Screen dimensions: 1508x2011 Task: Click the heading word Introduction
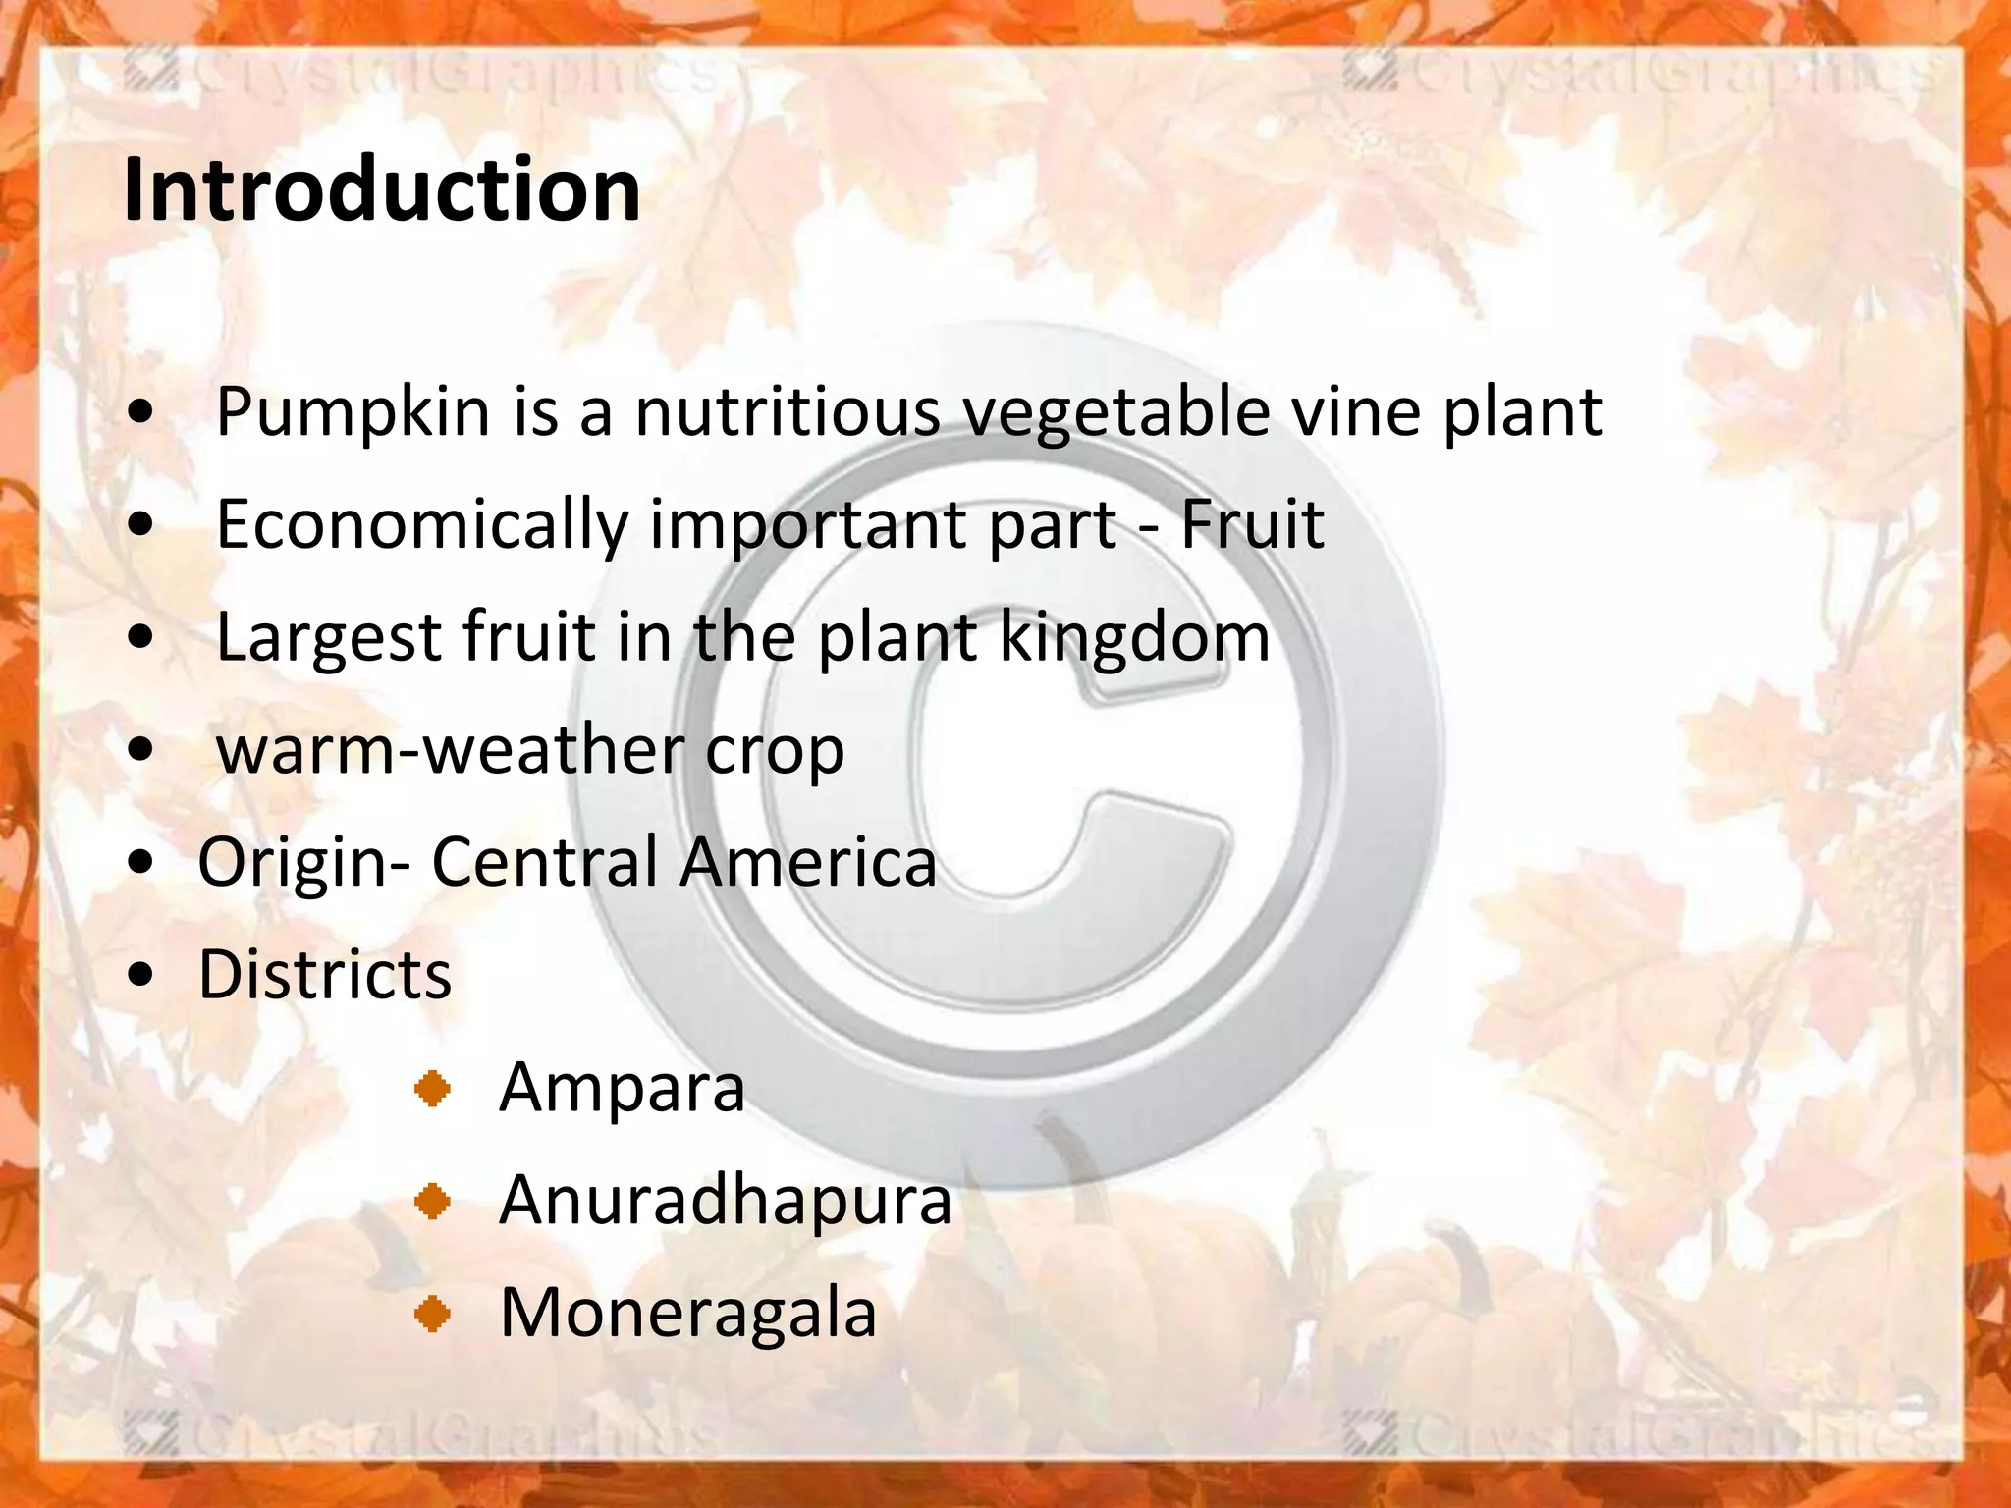382,189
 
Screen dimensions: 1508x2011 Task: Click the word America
808,862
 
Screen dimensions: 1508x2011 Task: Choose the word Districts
325,975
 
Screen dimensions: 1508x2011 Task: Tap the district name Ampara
623,1089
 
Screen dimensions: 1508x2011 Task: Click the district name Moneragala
688,1314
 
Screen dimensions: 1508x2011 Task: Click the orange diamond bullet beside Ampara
432,1089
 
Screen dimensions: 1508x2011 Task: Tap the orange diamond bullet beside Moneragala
432,1314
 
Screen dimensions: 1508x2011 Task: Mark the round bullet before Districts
141,975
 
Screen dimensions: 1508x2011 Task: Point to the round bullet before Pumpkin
141,413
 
